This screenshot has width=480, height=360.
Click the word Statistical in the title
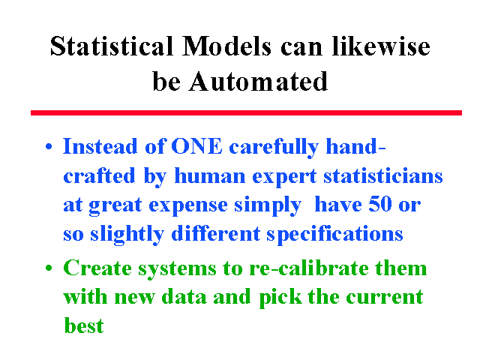(x=112, y=46)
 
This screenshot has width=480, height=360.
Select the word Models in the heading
(x=226, y=46)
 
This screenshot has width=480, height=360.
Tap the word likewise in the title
(x=381, y=46)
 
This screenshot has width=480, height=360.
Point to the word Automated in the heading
(x=258, y=82)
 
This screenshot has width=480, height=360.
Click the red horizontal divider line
(x=246, y=112)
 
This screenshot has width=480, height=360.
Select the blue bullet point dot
(x=49, y=146)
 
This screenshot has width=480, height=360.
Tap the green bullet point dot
(x=49, y=268)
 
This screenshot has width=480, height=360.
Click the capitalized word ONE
(x=196, y=146)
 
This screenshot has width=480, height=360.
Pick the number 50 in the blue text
(x=380, y=204)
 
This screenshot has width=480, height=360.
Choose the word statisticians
(x=383, y=175)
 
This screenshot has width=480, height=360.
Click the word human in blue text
(x=210, y=175)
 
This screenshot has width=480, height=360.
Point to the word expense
(x=188, y=205)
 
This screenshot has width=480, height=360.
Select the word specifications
(x=334, y=235)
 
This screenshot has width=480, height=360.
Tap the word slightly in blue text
(x=127, y=235)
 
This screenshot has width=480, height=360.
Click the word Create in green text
(x=97, y=268)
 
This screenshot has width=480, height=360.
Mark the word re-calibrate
(x=308, y=268)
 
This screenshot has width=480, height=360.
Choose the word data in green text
(x=184, y=296)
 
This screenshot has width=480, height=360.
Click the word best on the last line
(x=84, y=325)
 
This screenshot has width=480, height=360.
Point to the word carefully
(x=274, y=147)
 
